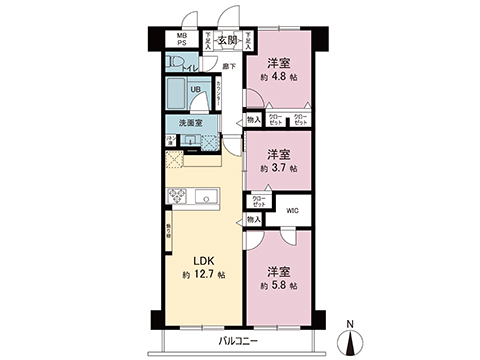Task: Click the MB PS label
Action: [x=182, y=41]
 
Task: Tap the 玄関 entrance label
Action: [x=227, y=41]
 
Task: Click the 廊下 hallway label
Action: [x=229, y=67]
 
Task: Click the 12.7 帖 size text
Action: [x=204, y=274]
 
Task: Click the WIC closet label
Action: [x=292, y=211]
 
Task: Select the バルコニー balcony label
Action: [x=240, y=341]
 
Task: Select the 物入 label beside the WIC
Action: [x=254, y=219]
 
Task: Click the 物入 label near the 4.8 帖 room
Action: [x=253, y=119]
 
